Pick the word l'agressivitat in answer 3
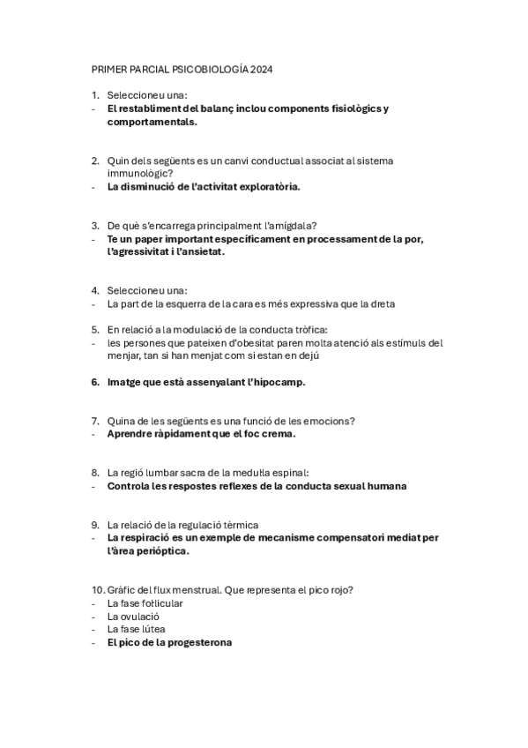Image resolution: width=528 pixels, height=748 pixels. tap(141, 251)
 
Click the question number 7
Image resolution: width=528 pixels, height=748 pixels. tap(94, 421)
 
